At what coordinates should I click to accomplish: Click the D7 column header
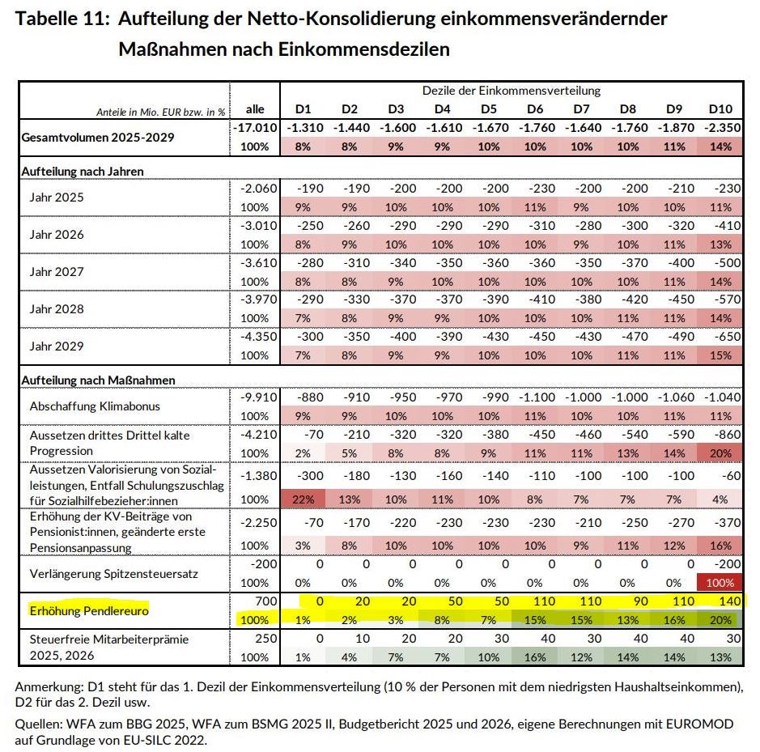[581, 109]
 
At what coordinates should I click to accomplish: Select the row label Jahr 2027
[57, 272]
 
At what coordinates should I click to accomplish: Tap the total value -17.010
[254, 128]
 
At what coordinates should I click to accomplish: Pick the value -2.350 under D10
[720, 128]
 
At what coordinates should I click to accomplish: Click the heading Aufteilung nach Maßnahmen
[97, 380]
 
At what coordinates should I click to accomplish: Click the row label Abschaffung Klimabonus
[94, 406]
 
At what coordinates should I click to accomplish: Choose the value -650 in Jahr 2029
[725, 338]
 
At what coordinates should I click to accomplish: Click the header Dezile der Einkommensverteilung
[512, 91]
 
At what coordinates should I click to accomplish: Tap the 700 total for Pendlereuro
[268, 601]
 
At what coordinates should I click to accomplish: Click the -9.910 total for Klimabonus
[258, 397]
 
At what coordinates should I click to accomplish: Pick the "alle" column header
[255, 109]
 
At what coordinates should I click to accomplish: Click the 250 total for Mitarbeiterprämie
[268, 639]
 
